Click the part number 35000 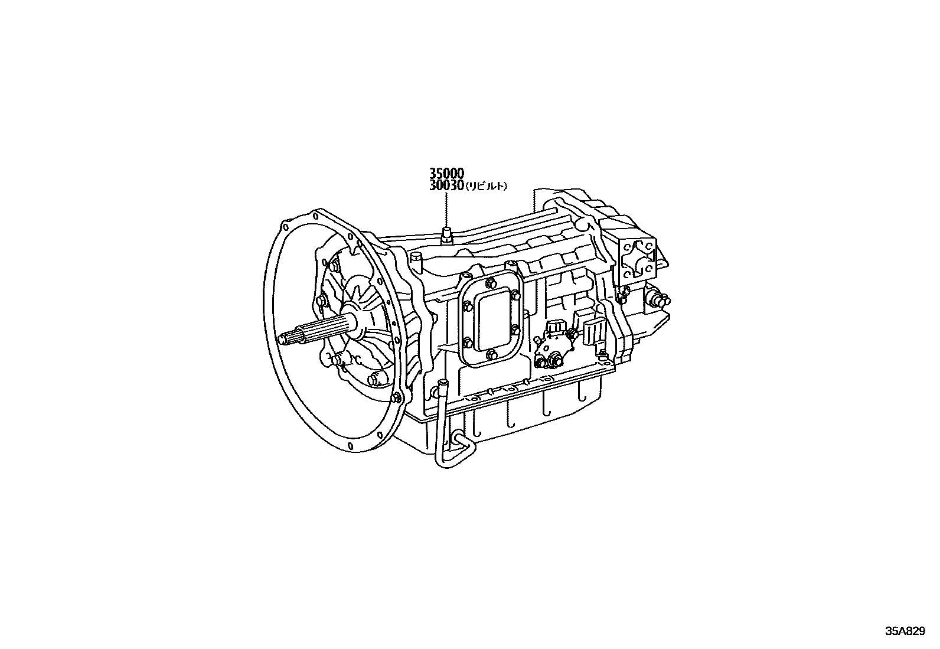(x=446, y=173)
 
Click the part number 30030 (x=446, y=185)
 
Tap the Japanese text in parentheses (x=486, y=187)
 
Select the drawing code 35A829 (x=905, y=631)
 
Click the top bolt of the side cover (x=488, y=283)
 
